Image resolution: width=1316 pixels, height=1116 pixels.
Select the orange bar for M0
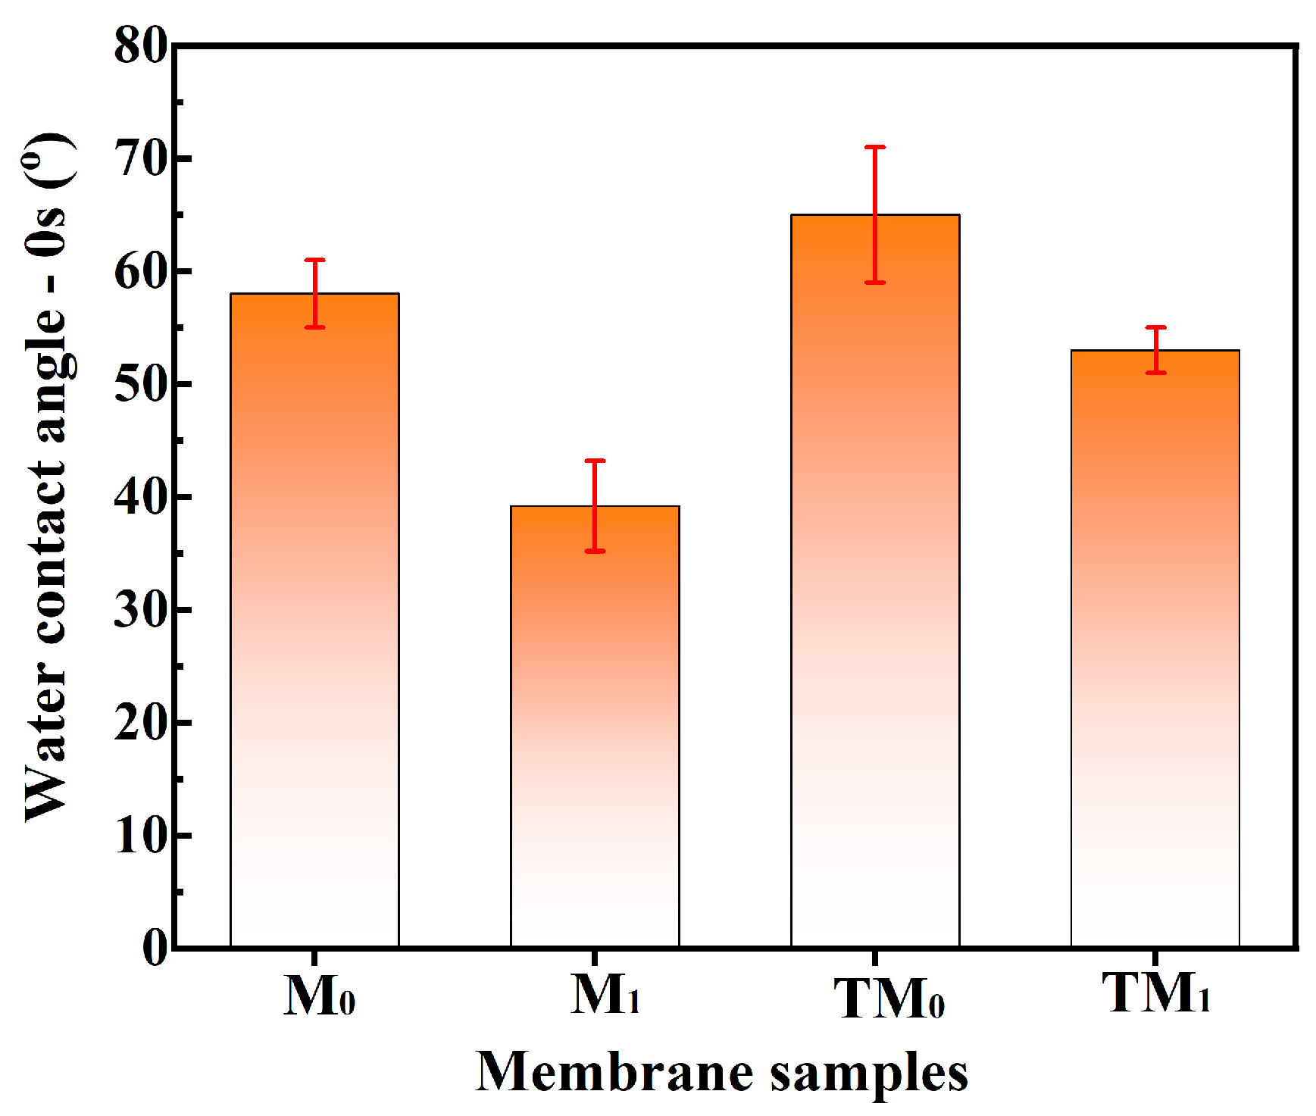(x=314, y=621)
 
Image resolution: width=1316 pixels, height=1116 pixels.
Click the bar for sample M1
(x=595, y=727)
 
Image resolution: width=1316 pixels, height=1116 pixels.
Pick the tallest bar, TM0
(x=875, y=583)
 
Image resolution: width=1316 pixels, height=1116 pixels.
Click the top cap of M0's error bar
(x=314, y=260)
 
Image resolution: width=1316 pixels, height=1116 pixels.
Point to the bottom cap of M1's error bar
(x=595, y=551)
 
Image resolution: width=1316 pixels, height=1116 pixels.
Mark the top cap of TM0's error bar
(x=875, y=147)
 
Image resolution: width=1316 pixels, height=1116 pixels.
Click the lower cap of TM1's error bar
(x=1155, y=373)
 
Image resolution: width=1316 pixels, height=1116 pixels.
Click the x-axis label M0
(x=319, y=996)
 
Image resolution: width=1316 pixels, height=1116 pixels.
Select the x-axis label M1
(x=605, y=994)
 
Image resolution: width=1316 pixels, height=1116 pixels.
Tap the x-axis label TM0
(x=889, y=999)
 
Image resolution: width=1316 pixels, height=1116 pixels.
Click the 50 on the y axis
(x=141, y=385)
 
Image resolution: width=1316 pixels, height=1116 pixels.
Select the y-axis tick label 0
(x=155, y=947)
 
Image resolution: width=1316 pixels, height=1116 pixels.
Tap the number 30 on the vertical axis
(x=141, y=610)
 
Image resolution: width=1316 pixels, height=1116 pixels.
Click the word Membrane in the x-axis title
(x=614, y=1071)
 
